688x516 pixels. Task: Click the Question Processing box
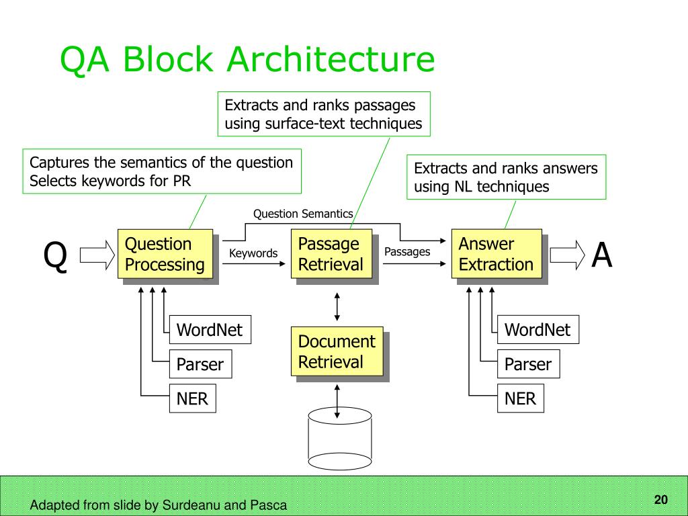[165, 253]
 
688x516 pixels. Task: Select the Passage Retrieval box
[332, 253]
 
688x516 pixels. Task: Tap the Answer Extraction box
[497, 253]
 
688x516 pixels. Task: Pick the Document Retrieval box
[337, 351]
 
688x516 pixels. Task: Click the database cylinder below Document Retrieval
[340, 439]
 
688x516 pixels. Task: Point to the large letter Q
[55, 256]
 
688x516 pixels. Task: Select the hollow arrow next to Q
[97, 255]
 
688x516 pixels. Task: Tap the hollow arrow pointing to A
[568, 255]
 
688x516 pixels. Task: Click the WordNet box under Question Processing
[210, 329]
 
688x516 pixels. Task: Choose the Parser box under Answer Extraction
[529, 363]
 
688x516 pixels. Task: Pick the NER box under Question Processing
[193, 398]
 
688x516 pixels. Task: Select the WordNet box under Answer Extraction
[538, 329]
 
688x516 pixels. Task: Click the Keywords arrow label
[253, 253]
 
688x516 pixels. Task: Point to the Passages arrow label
[407, 251]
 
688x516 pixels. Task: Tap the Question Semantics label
[303, 214]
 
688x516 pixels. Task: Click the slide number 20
[661, 499]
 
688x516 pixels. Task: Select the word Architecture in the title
[331, 59]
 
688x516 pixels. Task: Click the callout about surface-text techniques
[324, 114]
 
